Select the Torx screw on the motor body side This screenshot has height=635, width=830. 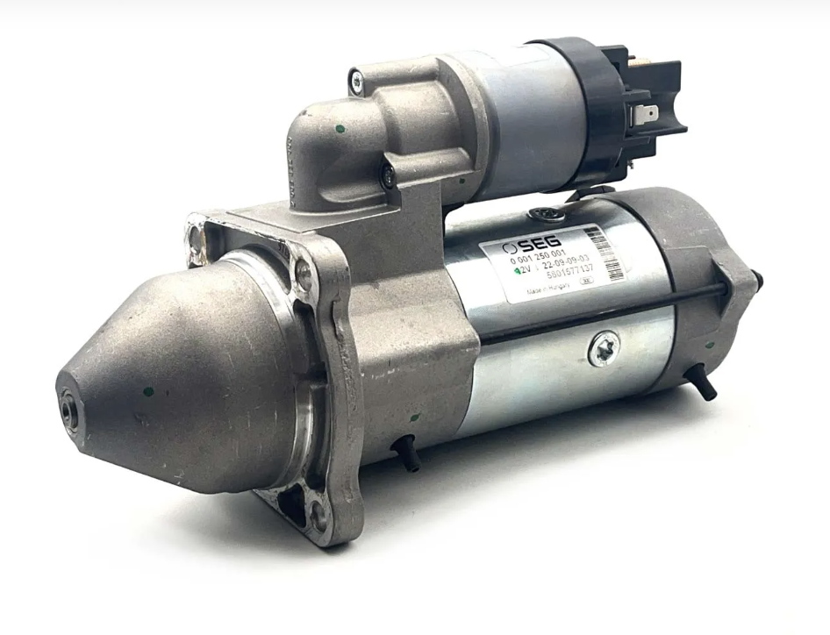604,349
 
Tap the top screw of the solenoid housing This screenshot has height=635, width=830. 356,82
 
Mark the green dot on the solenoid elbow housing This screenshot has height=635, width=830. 340,128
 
